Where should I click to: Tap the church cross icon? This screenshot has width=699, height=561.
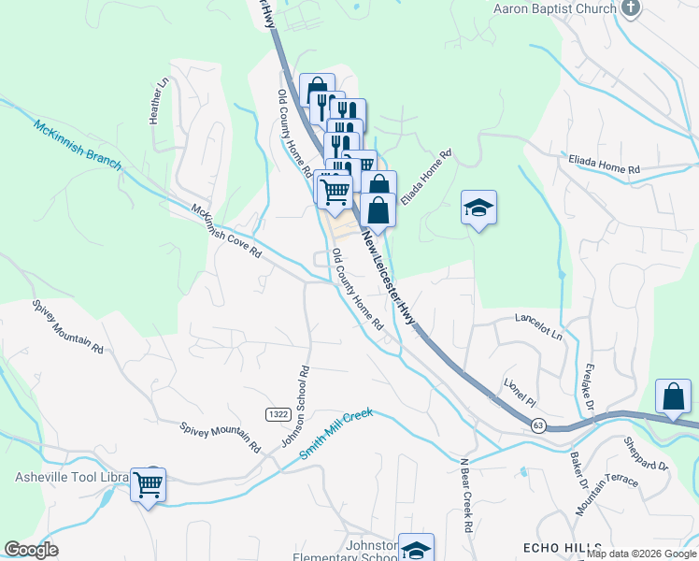(632, 9)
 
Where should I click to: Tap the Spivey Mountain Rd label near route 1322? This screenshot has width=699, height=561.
(221, 437)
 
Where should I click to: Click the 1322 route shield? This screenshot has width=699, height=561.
(277, 414)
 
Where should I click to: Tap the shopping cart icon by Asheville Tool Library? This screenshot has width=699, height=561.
(149, 484)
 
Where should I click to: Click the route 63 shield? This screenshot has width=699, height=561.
(538, 425)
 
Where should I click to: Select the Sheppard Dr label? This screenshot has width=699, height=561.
(648, 455)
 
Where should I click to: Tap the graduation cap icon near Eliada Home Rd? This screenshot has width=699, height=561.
(478, 208)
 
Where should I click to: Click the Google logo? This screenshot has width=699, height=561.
(31, 550)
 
